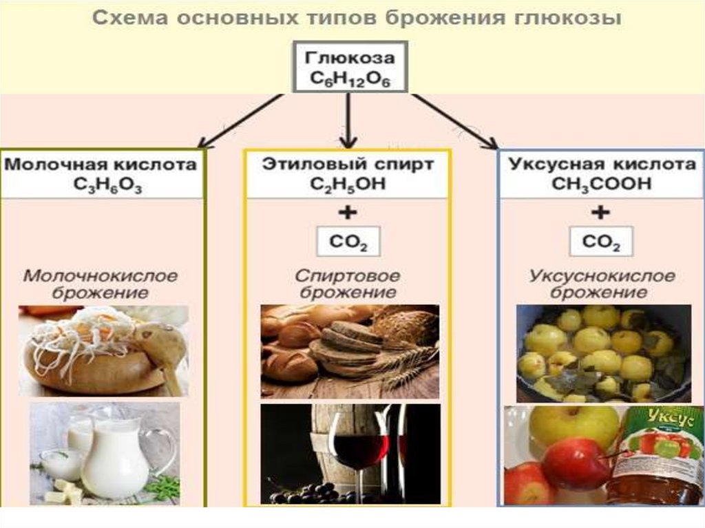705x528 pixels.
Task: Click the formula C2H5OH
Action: [348, 184]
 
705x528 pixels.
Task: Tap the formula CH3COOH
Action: [601, 184]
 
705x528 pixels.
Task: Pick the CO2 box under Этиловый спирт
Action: [348, 242]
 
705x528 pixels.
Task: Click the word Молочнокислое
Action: [101, 276]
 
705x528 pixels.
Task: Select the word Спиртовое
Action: [348, 276]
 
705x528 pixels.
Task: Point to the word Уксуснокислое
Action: [602, 276]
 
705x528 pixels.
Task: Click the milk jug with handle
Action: [117, 458]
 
